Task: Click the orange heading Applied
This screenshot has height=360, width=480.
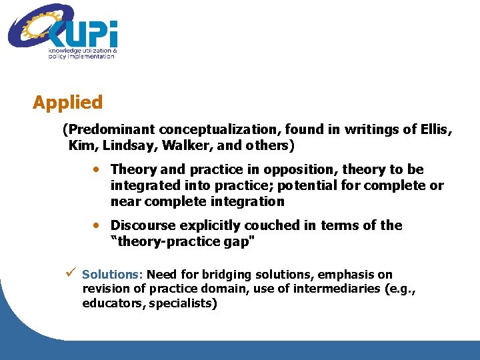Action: pyautogui.click(x=67, y=103)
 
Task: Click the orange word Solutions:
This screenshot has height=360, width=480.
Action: pyautogui.click(x=113, y=275)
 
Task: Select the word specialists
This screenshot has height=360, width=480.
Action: pyautogui.click(x=181, y=303)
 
